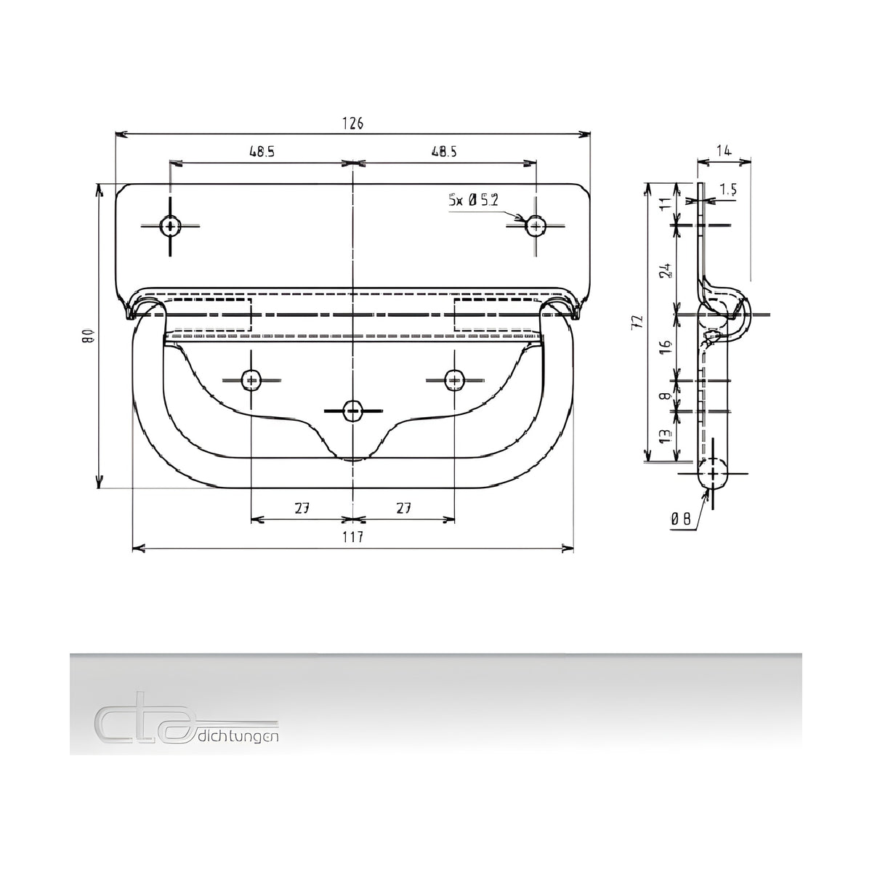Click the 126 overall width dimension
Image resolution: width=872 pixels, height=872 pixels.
pyautogui.click(x=352, y=123)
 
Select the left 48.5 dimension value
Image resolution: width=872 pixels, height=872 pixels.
pyautogui.click(x=262, y=152)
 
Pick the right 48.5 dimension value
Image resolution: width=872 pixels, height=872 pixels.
pyautogui.click(x=444, y=152)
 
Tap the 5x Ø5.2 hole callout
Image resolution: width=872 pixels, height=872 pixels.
pyautogui.click(x=473, y=200)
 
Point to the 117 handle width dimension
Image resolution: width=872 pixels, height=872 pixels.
pyautogui.click(x=352, y=537)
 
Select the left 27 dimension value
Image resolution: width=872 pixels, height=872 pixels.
pyautogui.click(x=302, y=508)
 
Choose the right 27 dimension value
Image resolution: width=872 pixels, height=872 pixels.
pyautogui.click(x=403, y=508)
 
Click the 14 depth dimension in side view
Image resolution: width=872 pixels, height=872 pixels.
pyautogui.click(x=724, y=150)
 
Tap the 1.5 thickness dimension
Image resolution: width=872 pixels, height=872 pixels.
pyautogui.click(x=728, y=190)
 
